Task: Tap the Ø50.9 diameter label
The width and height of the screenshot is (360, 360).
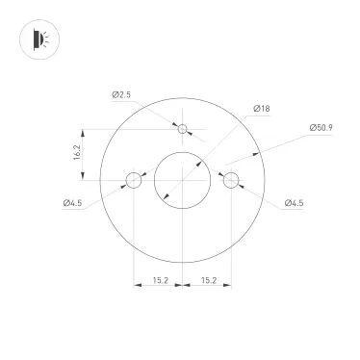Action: coord(321,127)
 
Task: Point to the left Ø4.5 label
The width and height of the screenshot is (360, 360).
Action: coord(74,203)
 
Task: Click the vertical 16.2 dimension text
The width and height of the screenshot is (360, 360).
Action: coord(77,153)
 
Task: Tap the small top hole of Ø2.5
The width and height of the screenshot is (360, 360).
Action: coord(181,128)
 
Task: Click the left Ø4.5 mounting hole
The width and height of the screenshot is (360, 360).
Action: coord(134,179)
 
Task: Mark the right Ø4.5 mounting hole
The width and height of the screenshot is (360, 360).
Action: coord(229,179)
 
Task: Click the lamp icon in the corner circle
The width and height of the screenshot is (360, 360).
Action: coord(38,39)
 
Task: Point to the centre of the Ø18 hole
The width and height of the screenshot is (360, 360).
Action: coord(181,179)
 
